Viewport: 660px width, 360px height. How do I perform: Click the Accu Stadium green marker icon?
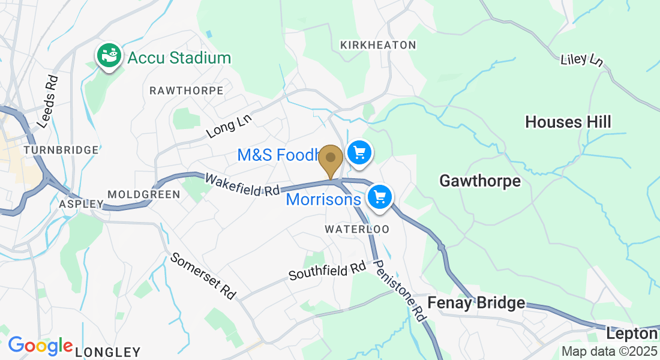[x=109, y=56]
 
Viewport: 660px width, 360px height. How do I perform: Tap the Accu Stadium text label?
[x=179, y=58]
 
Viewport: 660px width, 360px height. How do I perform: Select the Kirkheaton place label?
[x=377, y=45]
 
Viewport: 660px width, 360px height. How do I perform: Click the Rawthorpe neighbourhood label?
[x=186, y=91]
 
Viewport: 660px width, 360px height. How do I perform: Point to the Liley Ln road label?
[x=581, y=59]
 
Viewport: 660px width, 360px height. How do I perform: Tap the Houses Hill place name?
[x=568, y=122]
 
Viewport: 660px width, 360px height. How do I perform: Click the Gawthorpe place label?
[x=480, y=181]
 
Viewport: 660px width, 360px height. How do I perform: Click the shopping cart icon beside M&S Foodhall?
[x=359, y=152]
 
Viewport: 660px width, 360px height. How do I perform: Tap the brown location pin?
[x=330, y=159]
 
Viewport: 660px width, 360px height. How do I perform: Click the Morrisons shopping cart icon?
[x=379, y=196]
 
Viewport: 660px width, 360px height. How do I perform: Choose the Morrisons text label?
[x=323, y=199]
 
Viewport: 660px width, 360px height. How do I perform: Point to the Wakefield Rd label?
[x=242, y=185]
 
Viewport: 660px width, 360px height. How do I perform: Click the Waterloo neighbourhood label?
[x=357, y=229]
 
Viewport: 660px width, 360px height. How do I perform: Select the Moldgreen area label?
[x=143, y=194]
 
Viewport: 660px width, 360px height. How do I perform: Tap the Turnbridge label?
[x=61, y=150]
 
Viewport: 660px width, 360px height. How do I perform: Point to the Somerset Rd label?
[x=203, y=277]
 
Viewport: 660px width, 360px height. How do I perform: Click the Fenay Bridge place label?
[x=476, y=303]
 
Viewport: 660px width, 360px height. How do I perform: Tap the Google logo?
[x=40, y=346]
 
